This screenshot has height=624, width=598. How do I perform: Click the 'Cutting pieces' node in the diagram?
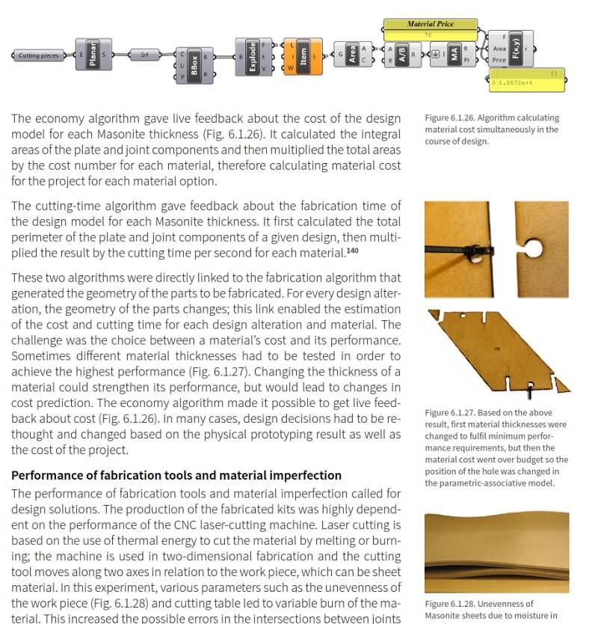[x=38, y=55]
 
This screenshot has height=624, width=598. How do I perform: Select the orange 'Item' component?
[x=303, y=56]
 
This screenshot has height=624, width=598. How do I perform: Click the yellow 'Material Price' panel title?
[x=430, y=24]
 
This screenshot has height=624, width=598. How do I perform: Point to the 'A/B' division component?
[x=402, y=54]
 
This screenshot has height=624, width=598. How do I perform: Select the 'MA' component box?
[x=454, y=54]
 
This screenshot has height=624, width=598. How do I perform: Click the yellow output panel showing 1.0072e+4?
[x=528, y=81]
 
